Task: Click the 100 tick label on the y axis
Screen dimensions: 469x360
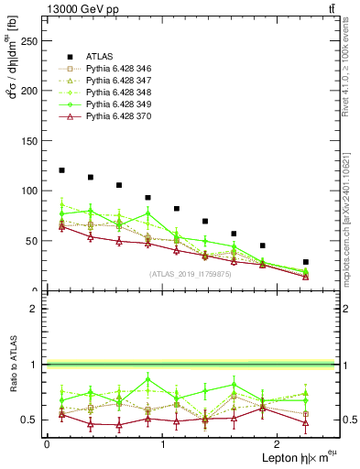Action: coord(29,191)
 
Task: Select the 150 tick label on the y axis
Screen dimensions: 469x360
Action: coord(29,141)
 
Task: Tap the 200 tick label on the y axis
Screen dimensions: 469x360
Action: coord(29,91)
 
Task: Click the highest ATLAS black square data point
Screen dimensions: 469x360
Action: coord(61,170)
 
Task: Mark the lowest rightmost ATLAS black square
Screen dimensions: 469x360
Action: coord(306,262)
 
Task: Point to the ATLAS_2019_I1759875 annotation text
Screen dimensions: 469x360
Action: coord(190,274)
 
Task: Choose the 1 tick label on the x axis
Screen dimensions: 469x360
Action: coord(162,444)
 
